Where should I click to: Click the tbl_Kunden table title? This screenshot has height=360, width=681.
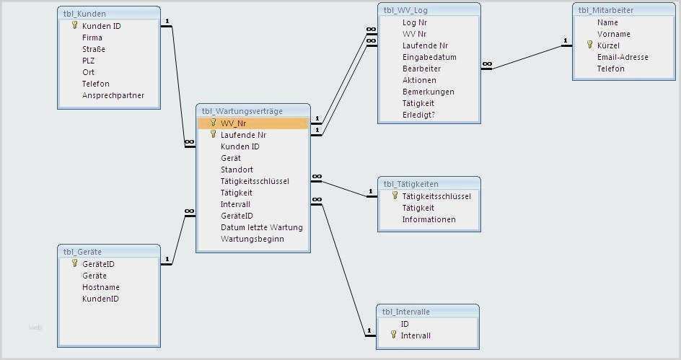pos(84,13)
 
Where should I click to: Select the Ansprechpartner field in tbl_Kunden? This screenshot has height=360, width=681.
pos(113,95)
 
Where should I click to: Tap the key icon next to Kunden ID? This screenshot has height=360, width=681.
pos(74,25)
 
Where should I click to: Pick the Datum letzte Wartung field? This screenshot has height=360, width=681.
pos(261,227)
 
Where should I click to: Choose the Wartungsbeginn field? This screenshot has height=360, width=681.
pos(252,239)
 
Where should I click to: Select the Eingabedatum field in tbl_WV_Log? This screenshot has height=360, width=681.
pos(429,57)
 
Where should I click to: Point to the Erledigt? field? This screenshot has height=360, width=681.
pos(418,115)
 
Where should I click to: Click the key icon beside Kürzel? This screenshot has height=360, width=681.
pos(589,45)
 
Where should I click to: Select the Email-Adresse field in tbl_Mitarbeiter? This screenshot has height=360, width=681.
pos(622,57)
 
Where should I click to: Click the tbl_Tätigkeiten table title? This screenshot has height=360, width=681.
pos(410,184)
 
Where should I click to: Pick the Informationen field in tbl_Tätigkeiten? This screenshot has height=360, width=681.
pos(429,219)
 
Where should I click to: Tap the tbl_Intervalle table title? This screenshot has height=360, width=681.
pos(406,312)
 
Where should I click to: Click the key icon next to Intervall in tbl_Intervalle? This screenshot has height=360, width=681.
pos(393,335)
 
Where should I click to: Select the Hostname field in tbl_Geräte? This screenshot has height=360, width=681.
pos(100,287)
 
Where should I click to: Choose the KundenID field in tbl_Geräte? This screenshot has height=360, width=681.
pos(100,299)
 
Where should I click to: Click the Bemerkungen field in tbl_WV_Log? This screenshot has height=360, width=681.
pos(428,92)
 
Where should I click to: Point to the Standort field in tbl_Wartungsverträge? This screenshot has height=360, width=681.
pos(237,170)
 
